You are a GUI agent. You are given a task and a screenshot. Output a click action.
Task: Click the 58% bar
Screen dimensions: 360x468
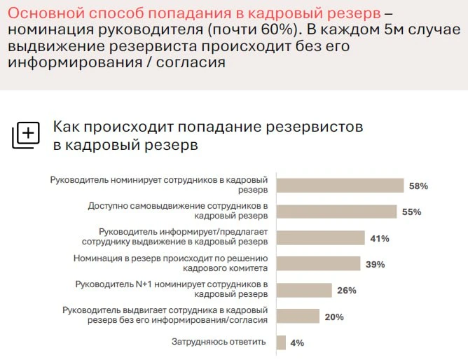coord(340,186)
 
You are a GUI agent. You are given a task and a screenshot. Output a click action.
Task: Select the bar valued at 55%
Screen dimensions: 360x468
coord(336,212)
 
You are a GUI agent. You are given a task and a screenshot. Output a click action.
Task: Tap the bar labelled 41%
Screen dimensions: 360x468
coord(320,237)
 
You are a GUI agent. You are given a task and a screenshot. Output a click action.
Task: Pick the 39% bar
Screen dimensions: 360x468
coord(318,263)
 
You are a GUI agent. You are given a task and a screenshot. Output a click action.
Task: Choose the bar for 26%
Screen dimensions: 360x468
coord(303,290)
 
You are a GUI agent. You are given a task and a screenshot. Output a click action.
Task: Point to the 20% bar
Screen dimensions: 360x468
coord(298,316)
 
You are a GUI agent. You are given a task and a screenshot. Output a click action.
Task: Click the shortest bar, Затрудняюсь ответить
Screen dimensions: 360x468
coord(281,342)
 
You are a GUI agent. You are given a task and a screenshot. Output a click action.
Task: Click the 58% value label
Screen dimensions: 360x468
coord(418,186)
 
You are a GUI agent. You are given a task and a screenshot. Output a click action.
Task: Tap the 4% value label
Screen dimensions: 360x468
coord(297,343)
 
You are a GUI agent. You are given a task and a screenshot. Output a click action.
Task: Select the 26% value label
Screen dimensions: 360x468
coord(346,291)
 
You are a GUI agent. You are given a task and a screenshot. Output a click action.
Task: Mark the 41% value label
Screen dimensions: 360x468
coord(380,238)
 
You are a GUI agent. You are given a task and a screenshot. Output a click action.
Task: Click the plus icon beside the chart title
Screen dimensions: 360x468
coord(26,134)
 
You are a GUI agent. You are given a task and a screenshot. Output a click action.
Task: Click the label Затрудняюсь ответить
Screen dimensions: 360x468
coord(219,342)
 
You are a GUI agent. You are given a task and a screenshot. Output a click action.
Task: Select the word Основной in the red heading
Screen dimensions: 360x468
coord(39,13)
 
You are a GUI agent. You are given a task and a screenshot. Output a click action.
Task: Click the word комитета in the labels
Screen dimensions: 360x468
coord(245,268)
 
